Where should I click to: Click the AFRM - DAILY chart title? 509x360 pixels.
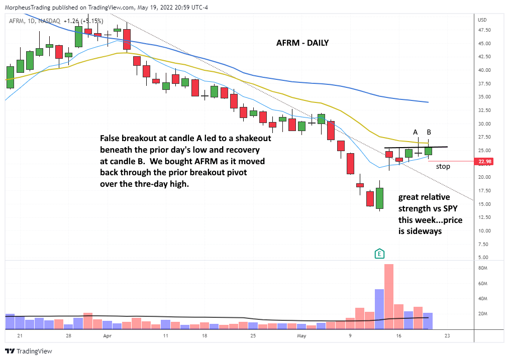[302, 43]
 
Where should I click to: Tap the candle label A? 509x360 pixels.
[416, 132]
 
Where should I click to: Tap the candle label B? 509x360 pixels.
[429, 132]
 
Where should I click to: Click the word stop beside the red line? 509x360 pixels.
[443, 166]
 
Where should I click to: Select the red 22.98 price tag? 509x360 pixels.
[485, 162]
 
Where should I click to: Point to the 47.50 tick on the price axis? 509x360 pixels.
[485, 30]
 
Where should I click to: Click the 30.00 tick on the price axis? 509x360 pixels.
[485, 124]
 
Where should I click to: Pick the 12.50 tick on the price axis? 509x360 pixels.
[485, 217]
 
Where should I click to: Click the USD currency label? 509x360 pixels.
[482, 20]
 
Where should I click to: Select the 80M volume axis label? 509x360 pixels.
[483, 269]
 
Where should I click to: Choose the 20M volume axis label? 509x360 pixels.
[483, 314]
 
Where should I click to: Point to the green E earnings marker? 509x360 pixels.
[380, 254]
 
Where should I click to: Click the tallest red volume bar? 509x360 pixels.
[388, 296]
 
